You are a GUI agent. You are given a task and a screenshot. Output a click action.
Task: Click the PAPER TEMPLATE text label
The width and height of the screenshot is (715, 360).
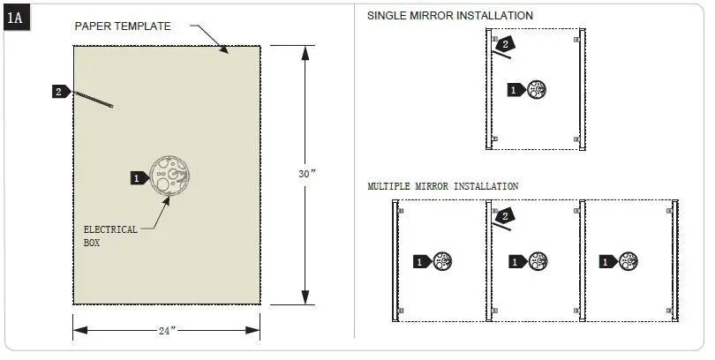pyautogui.click(x=123, y=26)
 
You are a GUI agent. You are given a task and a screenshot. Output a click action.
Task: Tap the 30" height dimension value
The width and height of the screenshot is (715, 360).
pyautogui.click(x=307, y=175)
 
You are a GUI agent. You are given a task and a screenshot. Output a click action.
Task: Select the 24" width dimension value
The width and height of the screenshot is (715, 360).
pyautogui.click(x=167, y=331)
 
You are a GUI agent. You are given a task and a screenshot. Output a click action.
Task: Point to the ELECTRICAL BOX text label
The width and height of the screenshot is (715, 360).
pyautogui.click(x=110, y=236)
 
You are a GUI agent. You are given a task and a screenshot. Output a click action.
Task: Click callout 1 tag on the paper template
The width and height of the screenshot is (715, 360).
pyautogui.click(x=138, y=178)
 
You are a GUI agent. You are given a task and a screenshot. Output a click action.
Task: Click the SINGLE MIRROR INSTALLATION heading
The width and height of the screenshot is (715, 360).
pyautogui.click(x=449, y=16)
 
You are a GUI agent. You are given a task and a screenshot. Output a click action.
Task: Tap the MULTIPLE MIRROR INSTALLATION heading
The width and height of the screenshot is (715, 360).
pyautogui.click(x=442, y=186)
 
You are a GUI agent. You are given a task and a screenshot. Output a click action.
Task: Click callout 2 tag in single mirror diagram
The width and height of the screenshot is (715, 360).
pyautogui.click(x=504, y=43)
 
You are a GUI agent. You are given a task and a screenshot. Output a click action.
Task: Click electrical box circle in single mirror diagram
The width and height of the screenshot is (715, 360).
pyautogui.click(x=536, y=88)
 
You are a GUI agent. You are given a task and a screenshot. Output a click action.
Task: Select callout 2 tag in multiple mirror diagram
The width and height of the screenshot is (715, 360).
pyautogui.click(x=504, y=216)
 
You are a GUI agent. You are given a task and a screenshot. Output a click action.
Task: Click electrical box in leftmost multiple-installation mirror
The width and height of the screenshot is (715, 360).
pyautogui.click(x=443, y=261)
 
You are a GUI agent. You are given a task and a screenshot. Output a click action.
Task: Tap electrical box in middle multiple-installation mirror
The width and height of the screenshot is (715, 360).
pyautogui.click(x=537, y=261)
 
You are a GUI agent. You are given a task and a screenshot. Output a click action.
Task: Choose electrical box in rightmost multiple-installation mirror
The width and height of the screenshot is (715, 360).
pyautogui.click(x=628, y=261)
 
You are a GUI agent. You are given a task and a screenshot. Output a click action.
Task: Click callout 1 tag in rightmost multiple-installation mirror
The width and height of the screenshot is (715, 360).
pyautogui.click(x=608, y=262)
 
